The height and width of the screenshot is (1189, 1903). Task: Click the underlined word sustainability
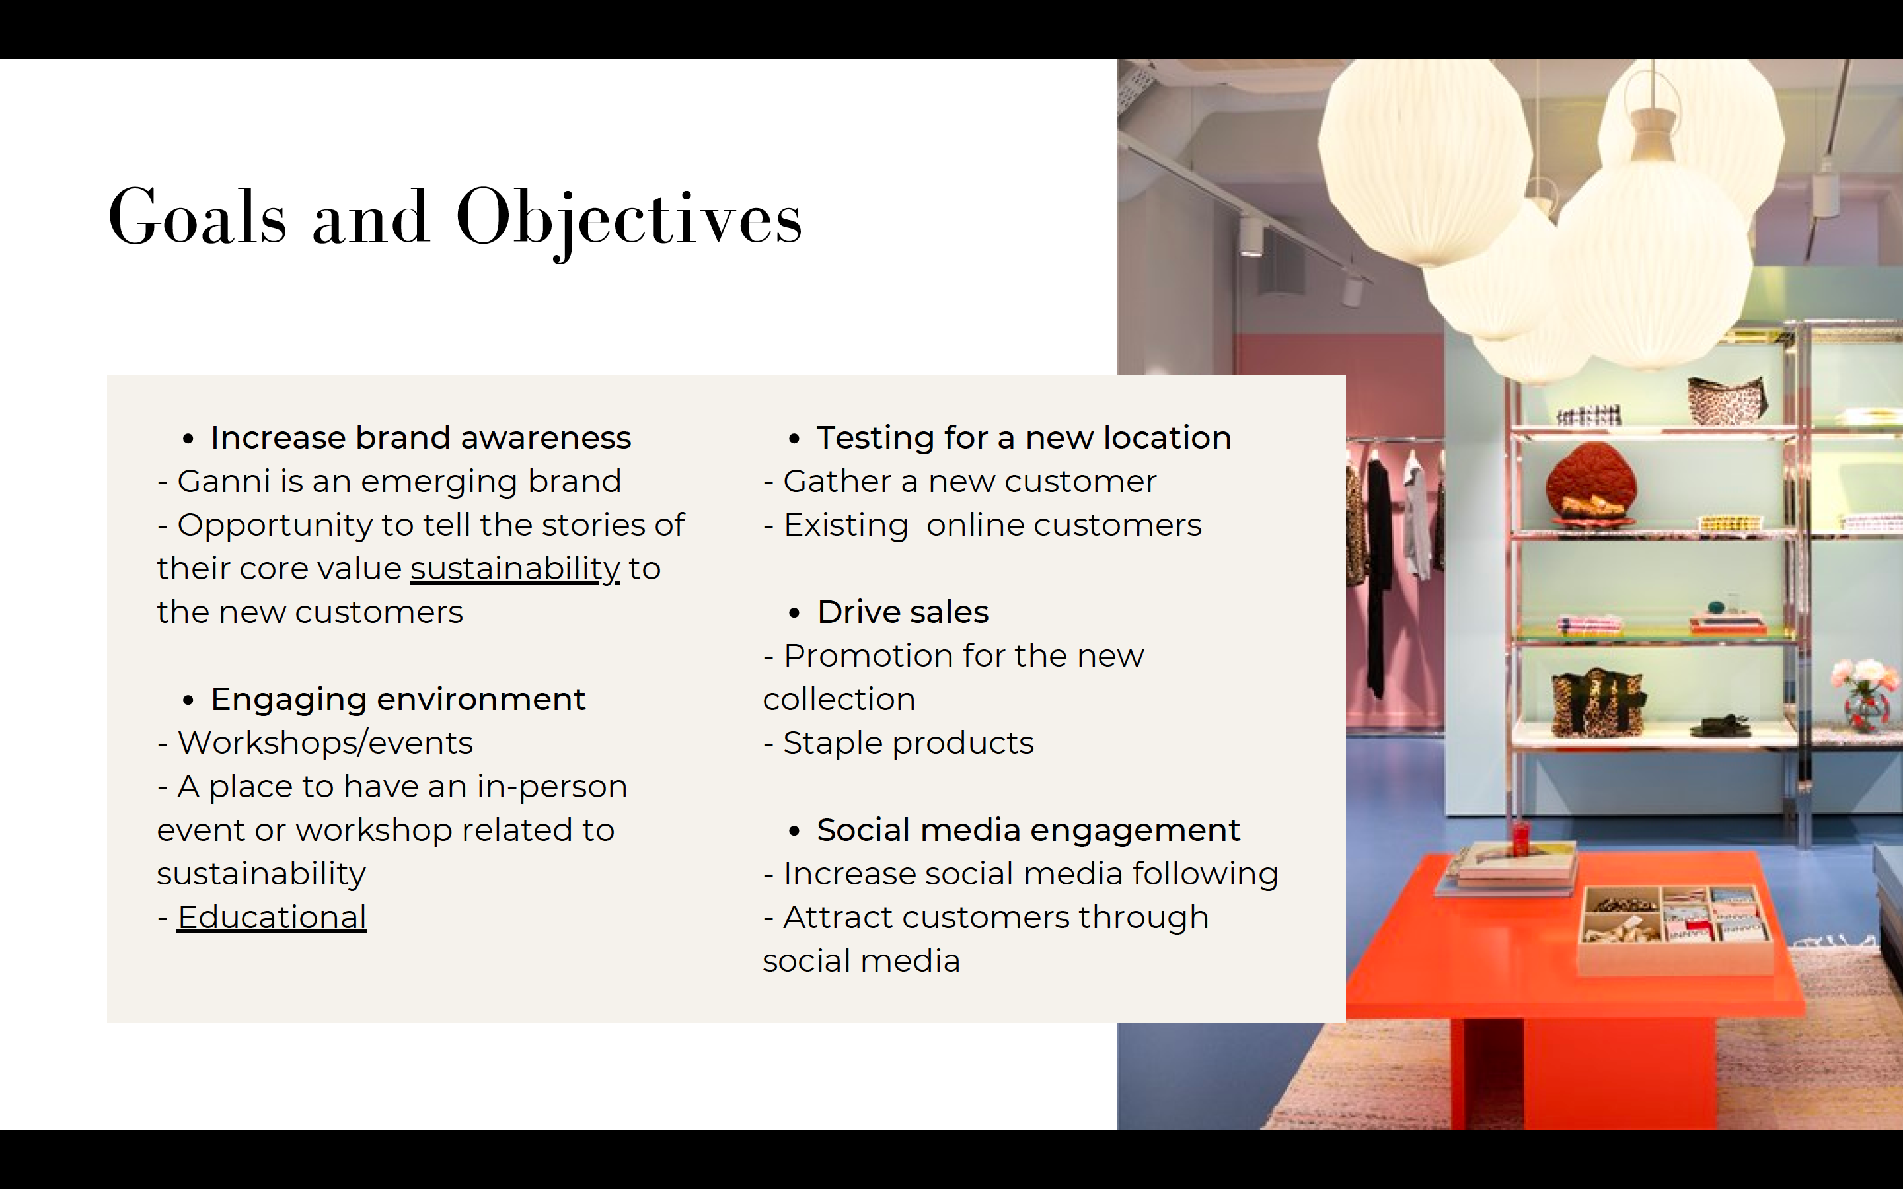[x=515, y=569]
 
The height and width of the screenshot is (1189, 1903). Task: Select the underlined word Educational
[x=272, y=917]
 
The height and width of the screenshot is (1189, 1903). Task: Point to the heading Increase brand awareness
[x=421, y=437]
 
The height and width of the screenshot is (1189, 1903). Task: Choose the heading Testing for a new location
[x=1024, y=437]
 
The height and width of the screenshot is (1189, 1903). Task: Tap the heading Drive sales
[x=903, y=612]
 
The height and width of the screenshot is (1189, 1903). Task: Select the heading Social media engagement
[x=1029, y=830]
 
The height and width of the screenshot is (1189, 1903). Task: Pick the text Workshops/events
[x=326, y=742]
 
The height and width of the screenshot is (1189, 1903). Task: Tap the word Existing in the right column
[x=846, y=524]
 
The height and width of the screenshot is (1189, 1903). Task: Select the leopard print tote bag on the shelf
[x=1596, y=702]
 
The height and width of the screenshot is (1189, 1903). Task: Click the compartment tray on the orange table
[x=1675, y=928]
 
